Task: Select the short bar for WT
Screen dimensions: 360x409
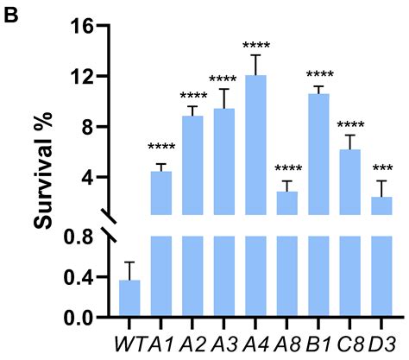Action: pyautogui.click(x=129, y=299)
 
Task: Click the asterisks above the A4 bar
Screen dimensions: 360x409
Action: pyautogui.click(x=256, y=45)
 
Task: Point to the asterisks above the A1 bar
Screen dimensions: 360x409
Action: pyautogui.click(x=161, y=148)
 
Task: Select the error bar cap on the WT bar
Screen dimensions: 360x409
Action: pyautogui.click(x=129, y=262)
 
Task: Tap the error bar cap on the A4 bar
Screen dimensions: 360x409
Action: pyautogui.click(x=256, y=55)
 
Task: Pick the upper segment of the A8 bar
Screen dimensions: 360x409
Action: pyautogui.click(x=287, y=203)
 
